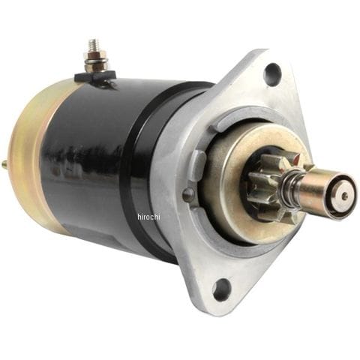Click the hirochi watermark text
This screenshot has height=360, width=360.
[148, 217]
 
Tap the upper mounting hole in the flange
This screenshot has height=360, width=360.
[273, 71]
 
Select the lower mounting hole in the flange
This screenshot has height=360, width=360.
[221, 286]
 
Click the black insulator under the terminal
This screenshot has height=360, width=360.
[95, 76]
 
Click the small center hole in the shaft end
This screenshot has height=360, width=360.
[346, 196]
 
